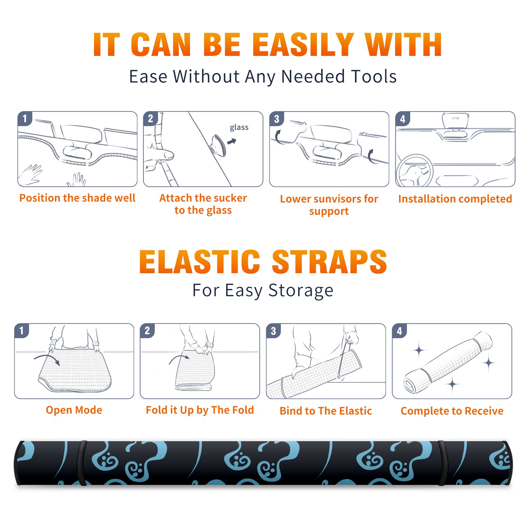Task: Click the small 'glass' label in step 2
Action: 239,128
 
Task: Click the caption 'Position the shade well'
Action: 77,198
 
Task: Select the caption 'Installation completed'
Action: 455,199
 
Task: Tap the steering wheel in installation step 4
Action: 415,171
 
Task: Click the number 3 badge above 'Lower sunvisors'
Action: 276,119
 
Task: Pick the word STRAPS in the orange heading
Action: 329,262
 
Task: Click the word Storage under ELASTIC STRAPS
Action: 301,291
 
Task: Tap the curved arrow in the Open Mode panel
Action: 47,359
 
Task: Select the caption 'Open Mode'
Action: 74,410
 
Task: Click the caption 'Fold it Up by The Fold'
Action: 200,410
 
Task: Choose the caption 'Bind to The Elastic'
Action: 326,411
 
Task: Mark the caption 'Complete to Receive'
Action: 452,411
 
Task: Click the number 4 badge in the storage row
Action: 399,331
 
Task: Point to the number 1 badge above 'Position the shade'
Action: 25,118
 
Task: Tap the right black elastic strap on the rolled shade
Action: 442,463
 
